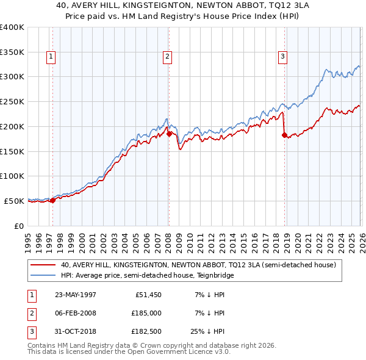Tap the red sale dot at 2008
169,133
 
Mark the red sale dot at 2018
284,135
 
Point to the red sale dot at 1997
53,200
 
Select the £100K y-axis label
12,176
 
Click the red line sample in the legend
43,265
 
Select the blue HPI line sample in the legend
43,276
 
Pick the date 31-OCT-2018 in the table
75,332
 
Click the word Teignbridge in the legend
213,276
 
